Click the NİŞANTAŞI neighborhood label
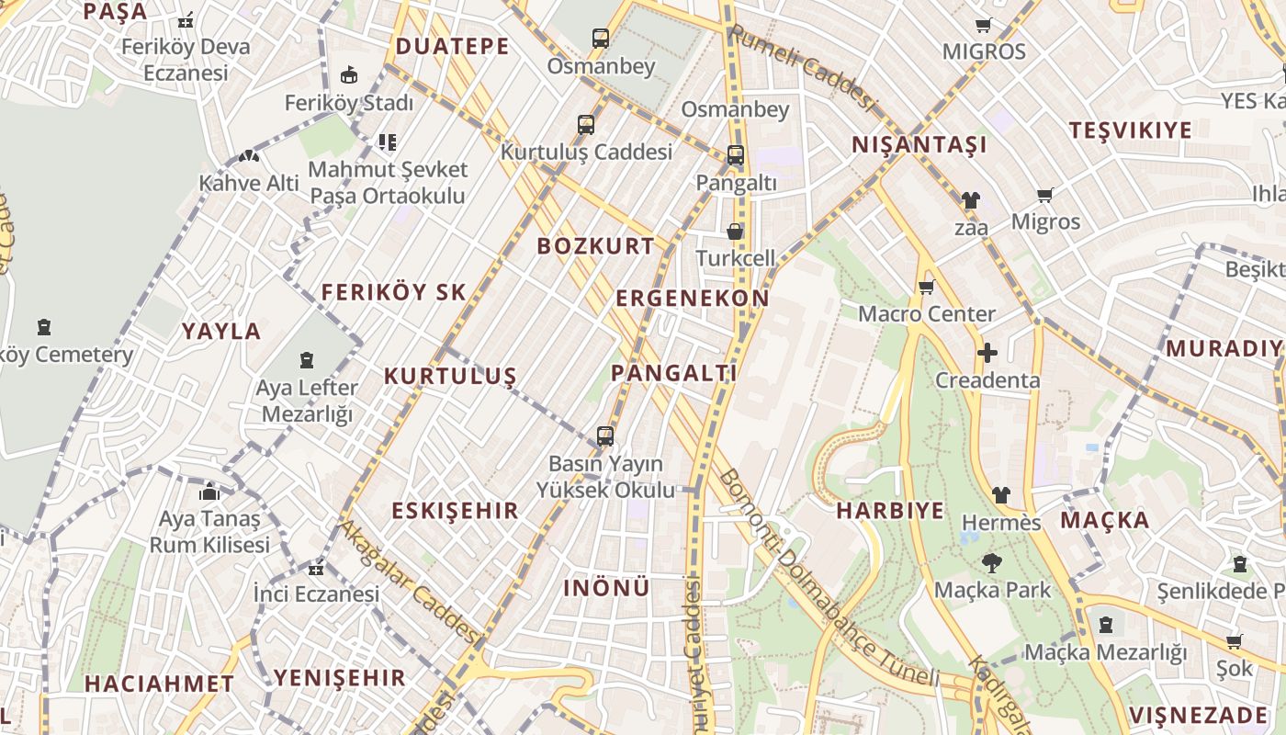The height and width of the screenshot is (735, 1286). (x=919, y=145)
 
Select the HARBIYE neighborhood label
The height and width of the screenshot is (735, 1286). (x=890, y=511)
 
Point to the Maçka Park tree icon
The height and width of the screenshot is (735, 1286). (x=991, y=562)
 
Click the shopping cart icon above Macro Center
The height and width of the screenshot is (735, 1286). (x=926, y=288)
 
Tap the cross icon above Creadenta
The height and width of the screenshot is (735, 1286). (x=987, y=353)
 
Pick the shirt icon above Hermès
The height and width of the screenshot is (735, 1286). (x=1000, y=495)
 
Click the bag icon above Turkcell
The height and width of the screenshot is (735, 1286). (x=735, y=232)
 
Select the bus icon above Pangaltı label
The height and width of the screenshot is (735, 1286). (x=735, y=155)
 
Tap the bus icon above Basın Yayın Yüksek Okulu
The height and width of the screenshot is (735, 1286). (x=604, y=436)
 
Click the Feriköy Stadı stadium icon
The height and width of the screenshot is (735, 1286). (x=348, y=75)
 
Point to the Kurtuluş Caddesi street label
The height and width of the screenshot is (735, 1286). (x=586, y=153)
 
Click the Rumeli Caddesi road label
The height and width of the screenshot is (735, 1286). (x=800, y=66)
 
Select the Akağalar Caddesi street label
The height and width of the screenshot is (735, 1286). (x=411, y=582)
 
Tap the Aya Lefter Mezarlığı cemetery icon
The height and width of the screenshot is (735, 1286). (x=307, y=360)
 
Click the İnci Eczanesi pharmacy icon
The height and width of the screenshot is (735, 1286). (x=316, y=569)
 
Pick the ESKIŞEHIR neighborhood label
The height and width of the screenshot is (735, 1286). (x=455, y=511)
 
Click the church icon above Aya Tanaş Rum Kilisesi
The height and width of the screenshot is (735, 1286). (x=209, y=492)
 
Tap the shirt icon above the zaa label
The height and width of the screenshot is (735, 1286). (x=970, y=199)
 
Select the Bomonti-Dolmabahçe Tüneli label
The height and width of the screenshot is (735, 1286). (x=827, y=581)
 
